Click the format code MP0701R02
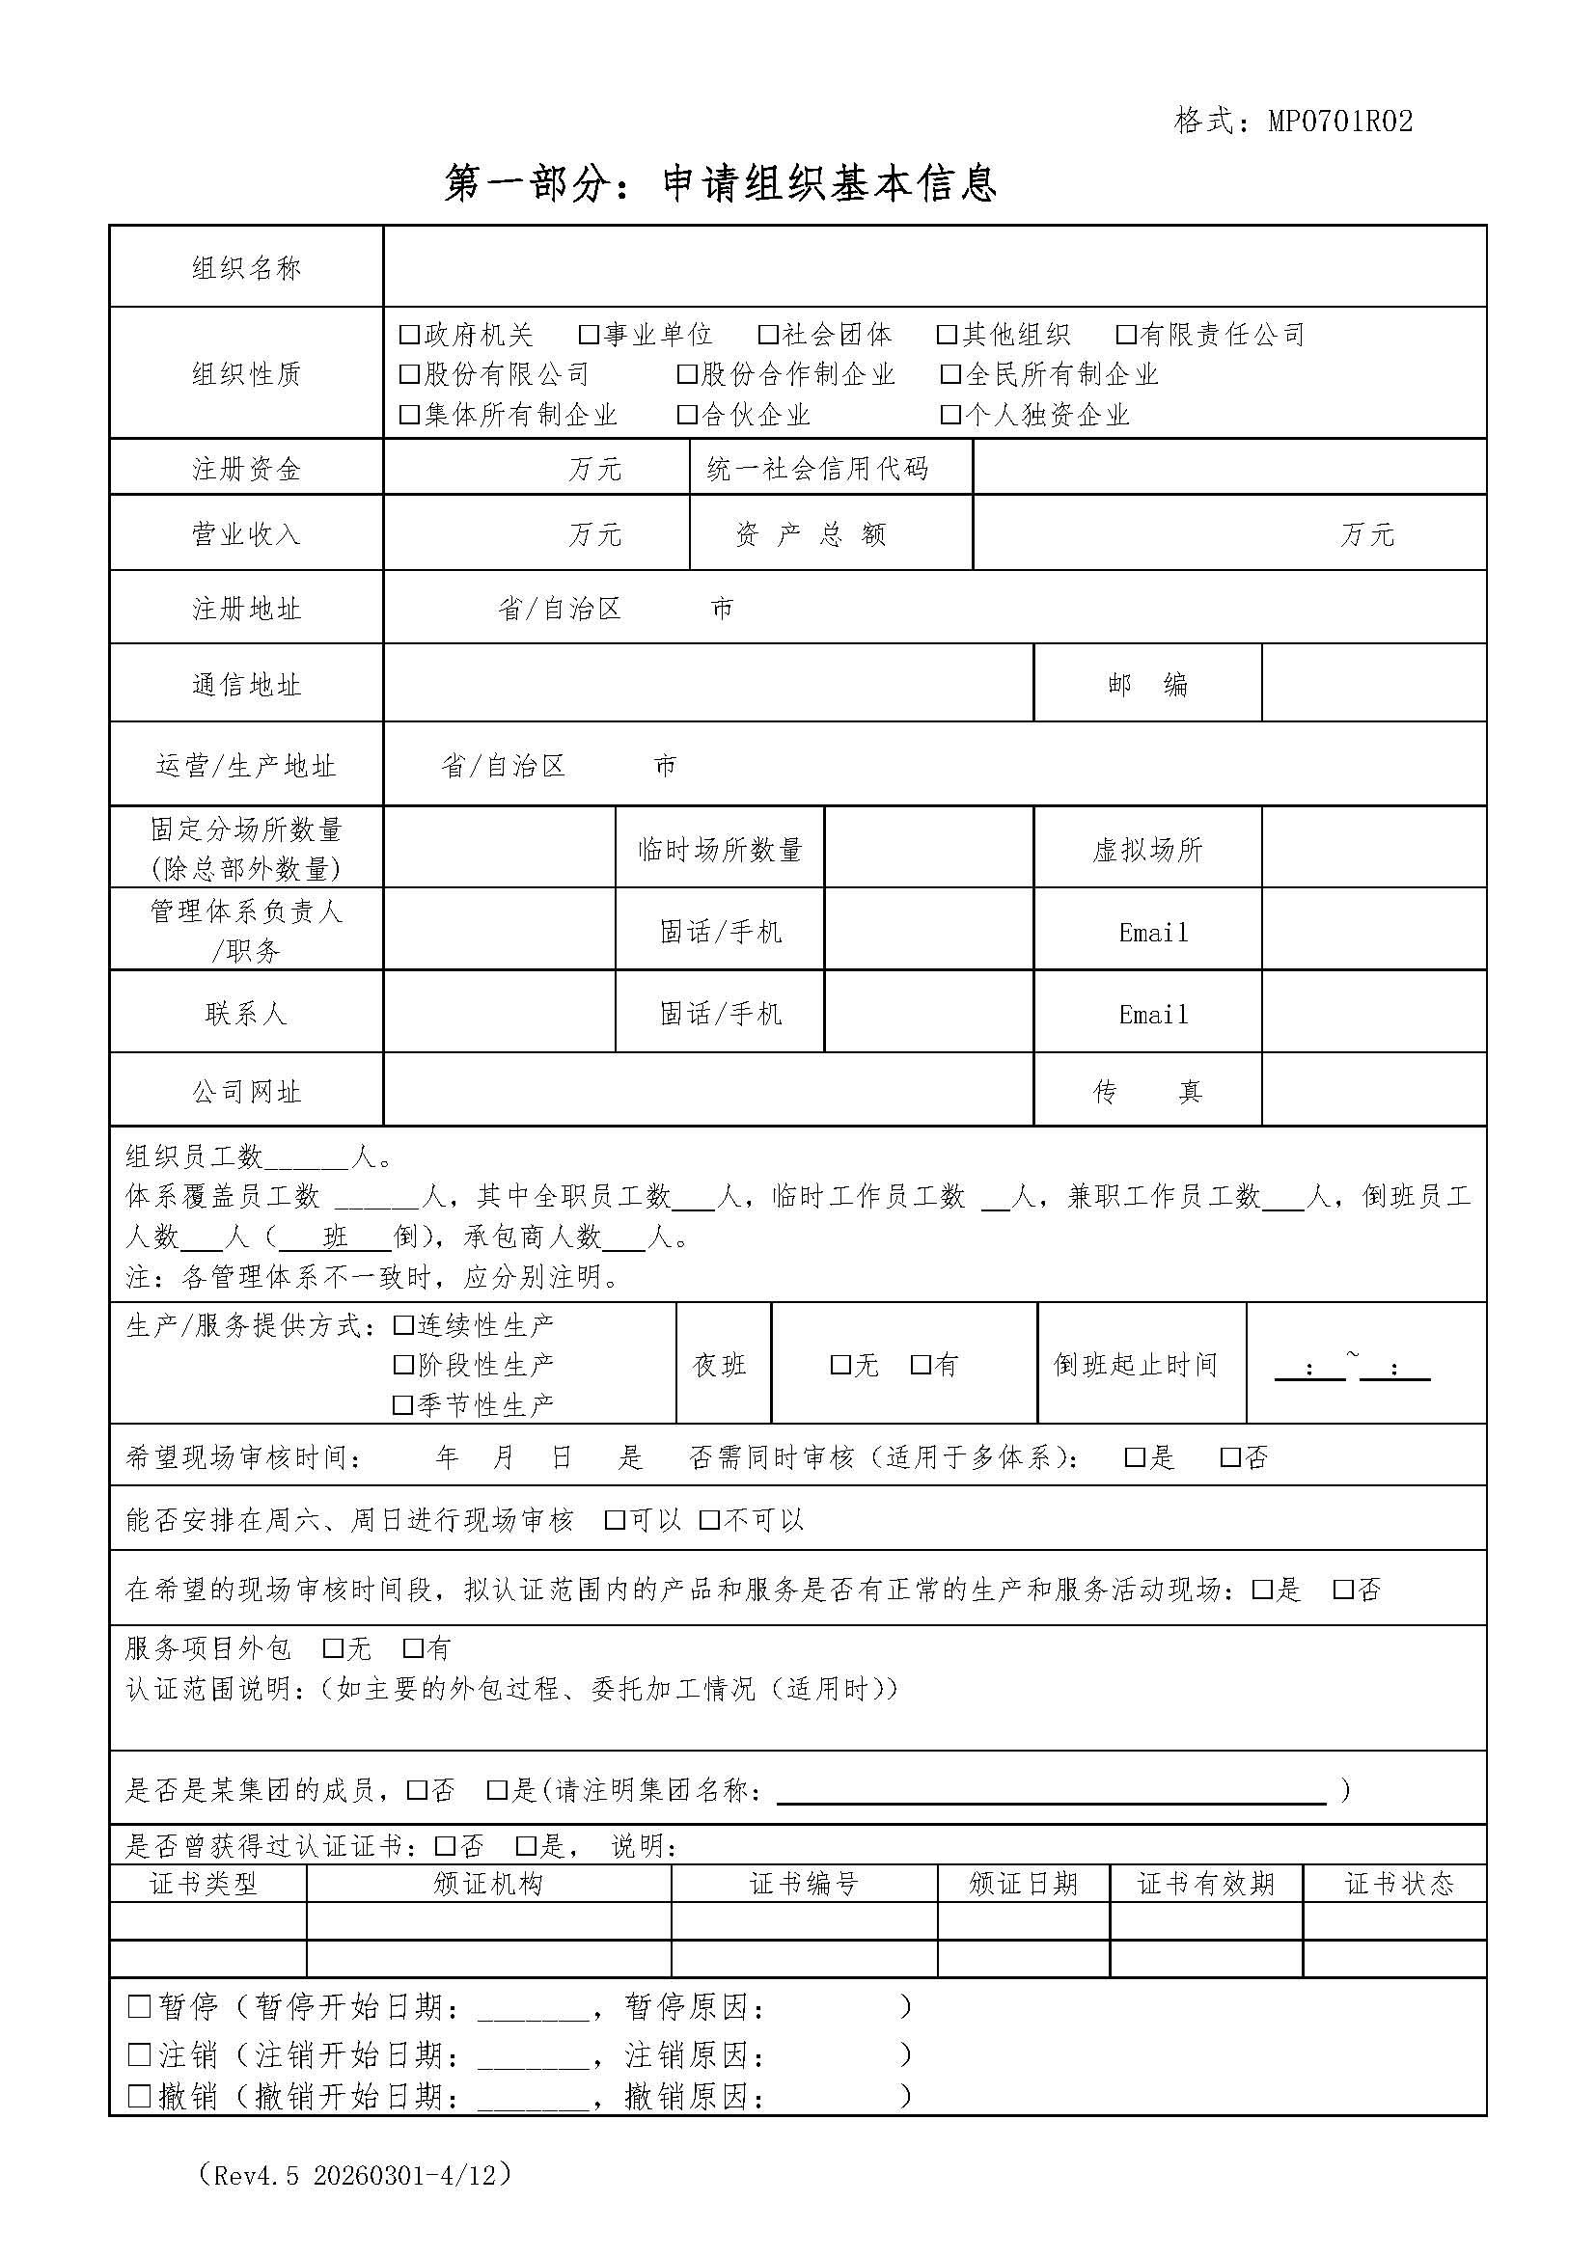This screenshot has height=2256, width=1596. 1339,121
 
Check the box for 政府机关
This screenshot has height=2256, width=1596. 410,335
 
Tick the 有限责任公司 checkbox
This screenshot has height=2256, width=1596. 1126,335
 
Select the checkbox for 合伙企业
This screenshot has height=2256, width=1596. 687,415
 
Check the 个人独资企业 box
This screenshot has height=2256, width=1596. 950,415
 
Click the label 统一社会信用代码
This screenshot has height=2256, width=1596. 816,469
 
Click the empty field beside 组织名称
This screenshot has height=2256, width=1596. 934,267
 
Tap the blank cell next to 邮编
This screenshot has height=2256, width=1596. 1373,684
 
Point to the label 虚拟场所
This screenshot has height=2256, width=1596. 1147,850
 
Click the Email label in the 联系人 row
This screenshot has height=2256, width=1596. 1153,1014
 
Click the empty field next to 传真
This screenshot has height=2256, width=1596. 1373,1091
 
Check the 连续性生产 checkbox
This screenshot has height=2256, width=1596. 403,1325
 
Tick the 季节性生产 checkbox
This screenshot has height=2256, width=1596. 403,1405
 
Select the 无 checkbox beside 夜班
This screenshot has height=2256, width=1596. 840,1365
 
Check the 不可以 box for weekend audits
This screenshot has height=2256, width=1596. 709,1520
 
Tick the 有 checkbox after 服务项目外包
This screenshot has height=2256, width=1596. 413,1647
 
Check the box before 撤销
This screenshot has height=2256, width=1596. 140,2096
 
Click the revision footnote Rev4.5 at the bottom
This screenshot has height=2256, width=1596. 355,2174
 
